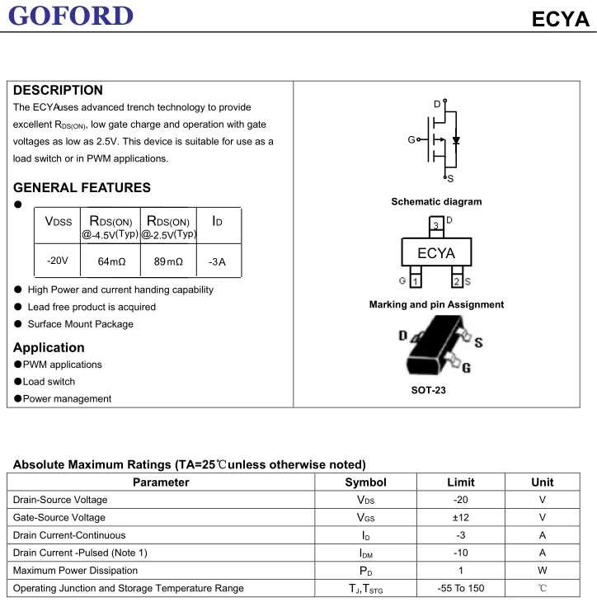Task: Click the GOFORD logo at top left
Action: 73,15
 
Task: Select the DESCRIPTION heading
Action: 58,90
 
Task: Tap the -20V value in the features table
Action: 58,261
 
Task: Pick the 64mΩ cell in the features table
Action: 111,261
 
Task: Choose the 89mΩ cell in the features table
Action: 168,261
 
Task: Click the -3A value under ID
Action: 217,261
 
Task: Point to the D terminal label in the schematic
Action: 437,104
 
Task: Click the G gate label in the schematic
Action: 411,140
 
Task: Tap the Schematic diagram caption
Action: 436,201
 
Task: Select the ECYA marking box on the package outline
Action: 436,253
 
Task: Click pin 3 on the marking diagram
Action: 435,225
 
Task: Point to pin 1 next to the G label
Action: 415,282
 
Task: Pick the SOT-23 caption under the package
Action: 428,389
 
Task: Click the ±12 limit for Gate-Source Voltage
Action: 461,517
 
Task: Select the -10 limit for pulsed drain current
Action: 461,553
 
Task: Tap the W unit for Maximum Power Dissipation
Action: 542,571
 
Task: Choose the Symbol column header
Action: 365,482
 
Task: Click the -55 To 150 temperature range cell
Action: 461,588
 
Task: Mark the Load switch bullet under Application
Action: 49,382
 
